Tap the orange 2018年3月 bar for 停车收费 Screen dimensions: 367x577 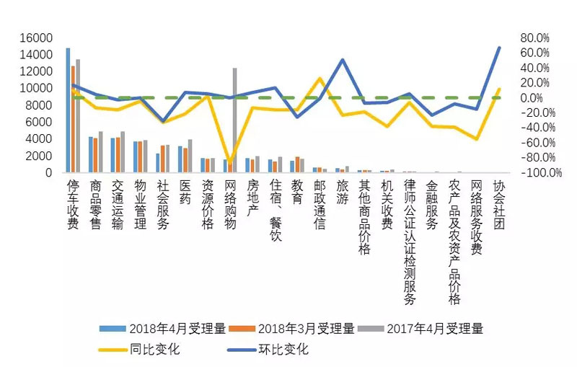(73, 119)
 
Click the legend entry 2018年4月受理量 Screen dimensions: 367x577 (163, 329)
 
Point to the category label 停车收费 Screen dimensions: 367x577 (72, 205)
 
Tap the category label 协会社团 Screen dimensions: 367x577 (498, 205)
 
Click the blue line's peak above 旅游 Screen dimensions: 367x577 (342, 60)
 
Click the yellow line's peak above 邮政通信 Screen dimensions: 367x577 (320, 78)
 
